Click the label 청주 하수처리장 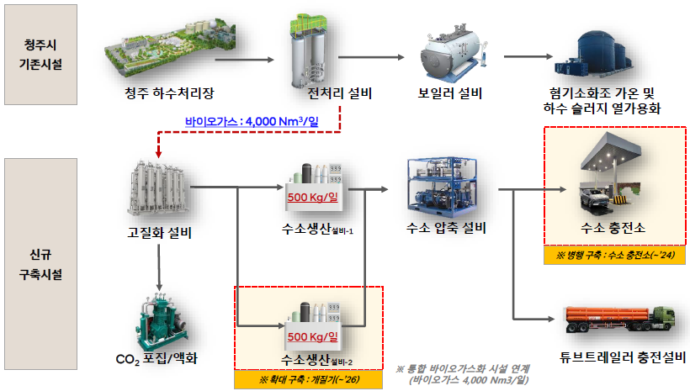click(162, 92)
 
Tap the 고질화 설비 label click(158, 233)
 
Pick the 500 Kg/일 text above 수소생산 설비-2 click(312, 337)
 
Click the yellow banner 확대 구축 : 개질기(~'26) click(310, 379)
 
